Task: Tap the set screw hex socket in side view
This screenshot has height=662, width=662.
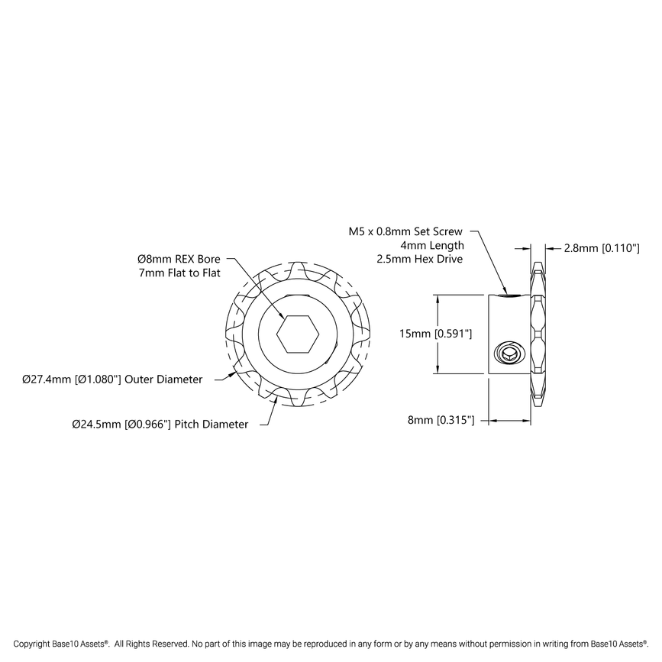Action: (x=509, y=354)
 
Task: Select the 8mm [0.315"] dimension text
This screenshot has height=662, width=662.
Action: (x=440, y=420)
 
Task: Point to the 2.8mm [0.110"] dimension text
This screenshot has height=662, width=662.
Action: (x=601, y=248)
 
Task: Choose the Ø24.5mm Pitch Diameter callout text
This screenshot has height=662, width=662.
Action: (x=160, y=424)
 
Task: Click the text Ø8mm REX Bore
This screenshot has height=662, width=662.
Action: (x=173, y=259)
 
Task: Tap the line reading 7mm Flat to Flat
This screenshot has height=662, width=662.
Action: (x=174, y=273)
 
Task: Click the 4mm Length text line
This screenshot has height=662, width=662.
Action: (x=432, y=245)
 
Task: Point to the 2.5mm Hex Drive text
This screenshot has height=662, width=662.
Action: (x=420, y=260)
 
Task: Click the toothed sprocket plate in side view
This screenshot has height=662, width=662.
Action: (x=539, y=334)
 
